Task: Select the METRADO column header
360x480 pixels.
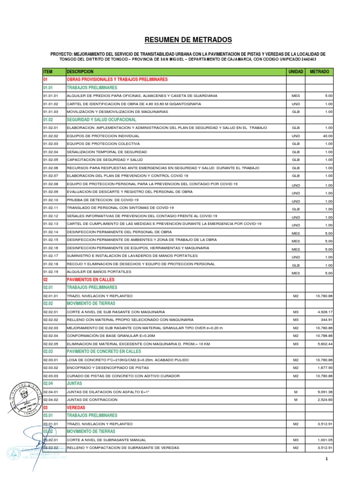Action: pos(319,72)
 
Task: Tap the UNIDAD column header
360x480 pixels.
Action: pos(295,72)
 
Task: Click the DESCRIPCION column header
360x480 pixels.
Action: pos(81,72)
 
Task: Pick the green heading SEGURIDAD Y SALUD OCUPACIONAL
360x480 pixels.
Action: pos(102,120)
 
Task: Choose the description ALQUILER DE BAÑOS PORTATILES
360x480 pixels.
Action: pos(99,271)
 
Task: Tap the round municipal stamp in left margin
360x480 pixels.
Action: pos(22,391)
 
